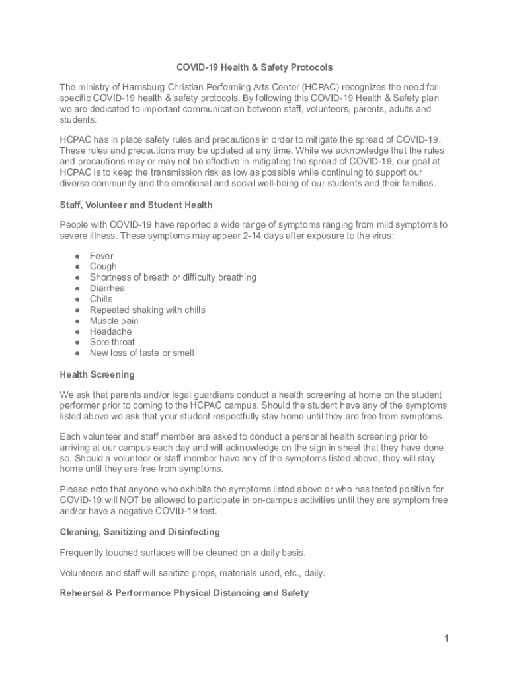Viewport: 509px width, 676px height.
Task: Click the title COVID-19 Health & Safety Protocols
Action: click(254, 67)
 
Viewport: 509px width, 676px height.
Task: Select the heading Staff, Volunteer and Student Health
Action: click(136, 205)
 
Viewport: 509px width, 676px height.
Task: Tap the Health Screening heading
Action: click(97, 374)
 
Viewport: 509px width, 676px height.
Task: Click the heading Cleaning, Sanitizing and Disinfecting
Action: click(140, 532)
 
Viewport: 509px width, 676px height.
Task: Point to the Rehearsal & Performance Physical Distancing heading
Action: click(184, 593)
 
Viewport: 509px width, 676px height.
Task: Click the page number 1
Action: click(447, 638)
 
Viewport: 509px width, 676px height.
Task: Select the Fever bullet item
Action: click(102, 256)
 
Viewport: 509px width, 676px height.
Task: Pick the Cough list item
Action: click(103, 267)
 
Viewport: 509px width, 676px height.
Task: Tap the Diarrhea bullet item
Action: click(107, 288)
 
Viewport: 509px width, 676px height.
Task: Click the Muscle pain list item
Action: click(114, 321)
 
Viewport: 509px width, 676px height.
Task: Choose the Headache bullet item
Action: click(110, 331)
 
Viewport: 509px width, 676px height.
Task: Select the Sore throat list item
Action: click(112, 342)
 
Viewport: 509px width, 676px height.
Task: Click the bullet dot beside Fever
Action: click(77, 256)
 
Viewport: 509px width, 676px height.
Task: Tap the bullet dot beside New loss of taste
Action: click(77, 353)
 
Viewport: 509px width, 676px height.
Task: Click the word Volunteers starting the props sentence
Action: click(83, 573)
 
